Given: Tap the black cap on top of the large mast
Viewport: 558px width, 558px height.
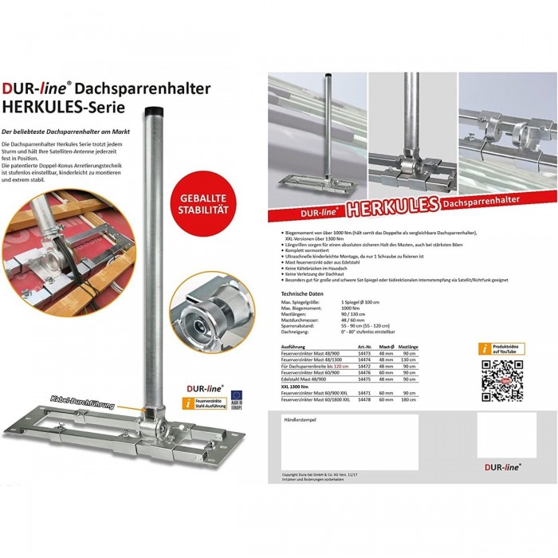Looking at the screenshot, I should (x=155, y=110).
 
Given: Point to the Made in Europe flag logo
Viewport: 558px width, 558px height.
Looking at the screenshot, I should (x=236, y=407).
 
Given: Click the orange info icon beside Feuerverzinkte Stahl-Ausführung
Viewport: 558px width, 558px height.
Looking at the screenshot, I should (x=187, y=406).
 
